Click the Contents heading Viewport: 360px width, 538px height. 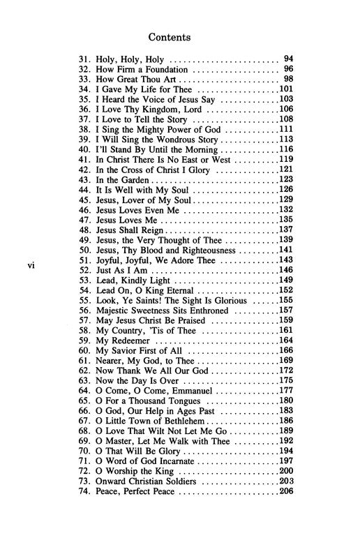(179, 32)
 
